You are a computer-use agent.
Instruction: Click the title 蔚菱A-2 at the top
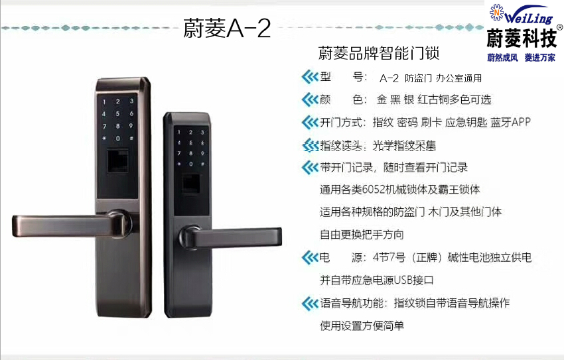tap(227, 29)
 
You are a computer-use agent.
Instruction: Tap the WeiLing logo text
tap(528, 16)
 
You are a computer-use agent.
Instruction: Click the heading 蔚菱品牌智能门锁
tap(379, 53)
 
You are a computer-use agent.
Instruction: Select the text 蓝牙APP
tap(510, 122)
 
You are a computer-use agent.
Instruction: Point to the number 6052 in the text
tap(373, 189)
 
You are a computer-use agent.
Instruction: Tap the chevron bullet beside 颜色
tap(310, 99)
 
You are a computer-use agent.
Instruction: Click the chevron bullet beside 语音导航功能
tap(310, 303)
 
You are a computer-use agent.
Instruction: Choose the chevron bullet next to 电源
tap(310, 257)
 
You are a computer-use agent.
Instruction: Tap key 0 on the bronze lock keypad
tap(117, 139)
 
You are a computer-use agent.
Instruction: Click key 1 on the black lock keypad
tap(178, 132)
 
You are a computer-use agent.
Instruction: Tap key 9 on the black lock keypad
tap(202, 153)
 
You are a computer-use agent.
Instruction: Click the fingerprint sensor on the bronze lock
tap(117, 160)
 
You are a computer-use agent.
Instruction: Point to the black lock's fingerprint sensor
tap(190, 183)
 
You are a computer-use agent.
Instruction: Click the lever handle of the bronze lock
tap(72, 225)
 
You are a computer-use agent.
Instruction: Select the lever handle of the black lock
tap(230, 237)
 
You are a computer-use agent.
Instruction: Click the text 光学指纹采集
tap(404, 145)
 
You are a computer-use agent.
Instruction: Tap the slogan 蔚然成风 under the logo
tap(502, 58)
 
